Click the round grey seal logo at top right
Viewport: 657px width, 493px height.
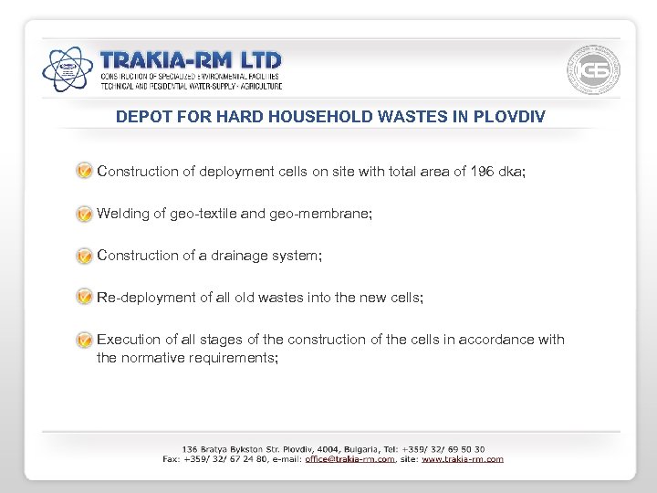594,68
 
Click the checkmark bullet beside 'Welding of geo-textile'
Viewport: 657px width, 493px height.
84,214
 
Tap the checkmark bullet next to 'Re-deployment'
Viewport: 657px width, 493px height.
84,298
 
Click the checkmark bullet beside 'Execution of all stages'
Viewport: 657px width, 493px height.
84,340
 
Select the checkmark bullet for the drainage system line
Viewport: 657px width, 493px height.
84,256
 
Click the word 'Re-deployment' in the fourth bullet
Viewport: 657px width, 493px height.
143,298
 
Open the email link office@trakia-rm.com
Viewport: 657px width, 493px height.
349,459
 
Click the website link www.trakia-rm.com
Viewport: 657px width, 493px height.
462,459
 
